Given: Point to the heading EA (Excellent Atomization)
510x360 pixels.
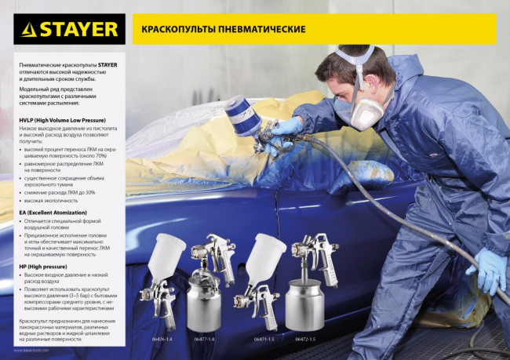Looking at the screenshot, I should (53, 213).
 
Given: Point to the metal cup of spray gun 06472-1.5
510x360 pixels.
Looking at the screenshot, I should (304, 302).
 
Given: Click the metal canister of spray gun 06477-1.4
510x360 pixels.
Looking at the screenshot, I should (206, 303).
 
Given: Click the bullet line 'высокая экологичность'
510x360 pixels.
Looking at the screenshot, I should (50, 200).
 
